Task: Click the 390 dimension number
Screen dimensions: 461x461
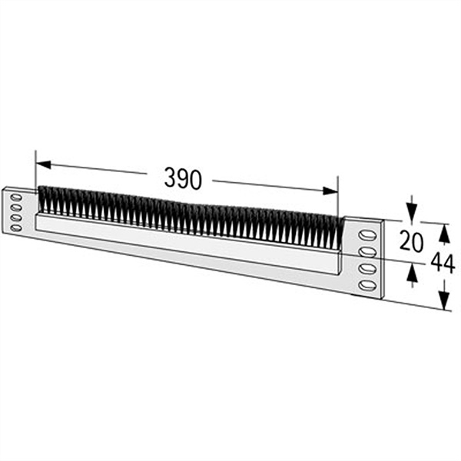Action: (x=183, y=178)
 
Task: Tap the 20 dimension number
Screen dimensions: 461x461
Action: (x=411, y=241)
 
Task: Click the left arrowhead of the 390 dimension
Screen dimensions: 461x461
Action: (x=43, y=164)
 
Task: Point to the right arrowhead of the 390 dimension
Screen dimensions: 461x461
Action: (x=330, y=191)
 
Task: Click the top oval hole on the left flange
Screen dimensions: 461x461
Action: (x=16, y=197)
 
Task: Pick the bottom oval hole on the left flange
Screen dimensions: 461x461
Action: (x=16, y=228)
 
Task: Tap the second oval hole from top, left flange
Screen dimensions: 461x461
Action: (x=16, y=208)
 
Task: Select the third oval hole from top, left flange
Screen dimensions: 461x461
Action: (x=16, y=218)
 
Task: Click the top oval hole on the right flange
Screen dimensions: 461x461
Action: (x=367, y=236)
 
